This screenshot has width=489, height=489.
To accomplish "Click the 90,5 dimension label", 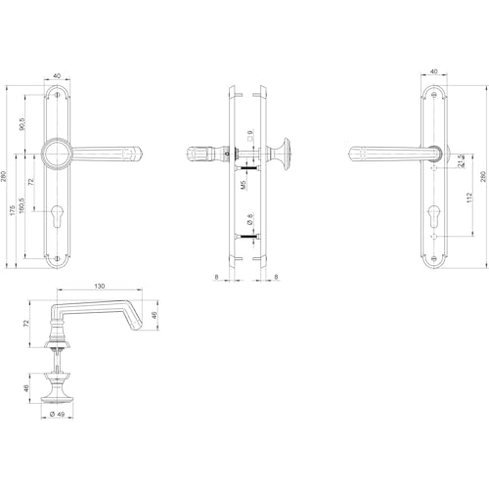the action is pyautogui.click(x=22, y=123).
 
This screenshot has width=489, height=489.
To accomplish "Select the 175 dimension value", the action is pyautogui.click(x=13, y=210).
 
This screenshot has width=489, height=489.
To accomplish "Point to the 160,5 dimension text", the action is pyautogui.click(x=22, y=205).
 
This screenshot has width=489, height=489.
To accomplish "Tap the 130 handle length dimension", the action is pyautogui.click(x=100, y=286).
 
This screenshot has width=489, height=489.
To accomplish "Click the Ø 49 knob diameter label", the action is pyautogui.click(x=57, y=414).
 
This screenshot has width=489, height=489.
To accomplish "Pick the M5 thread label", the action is pyautogui.click(x=244, y=185).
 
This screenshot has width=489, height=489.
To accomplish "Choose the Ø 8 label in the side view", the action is pyautogui.click(x=250, y=219).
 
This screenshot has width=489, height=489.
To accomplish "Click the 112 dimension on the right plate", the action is pyautogui.click(x=469, y=198).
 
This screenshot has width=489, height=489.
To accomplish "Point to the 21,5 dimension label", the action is pyautogui.click(x=462, y=161).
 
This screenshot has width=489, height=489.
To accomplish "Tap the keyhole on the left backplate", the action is pyautogui.click(x=57, y=215).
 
